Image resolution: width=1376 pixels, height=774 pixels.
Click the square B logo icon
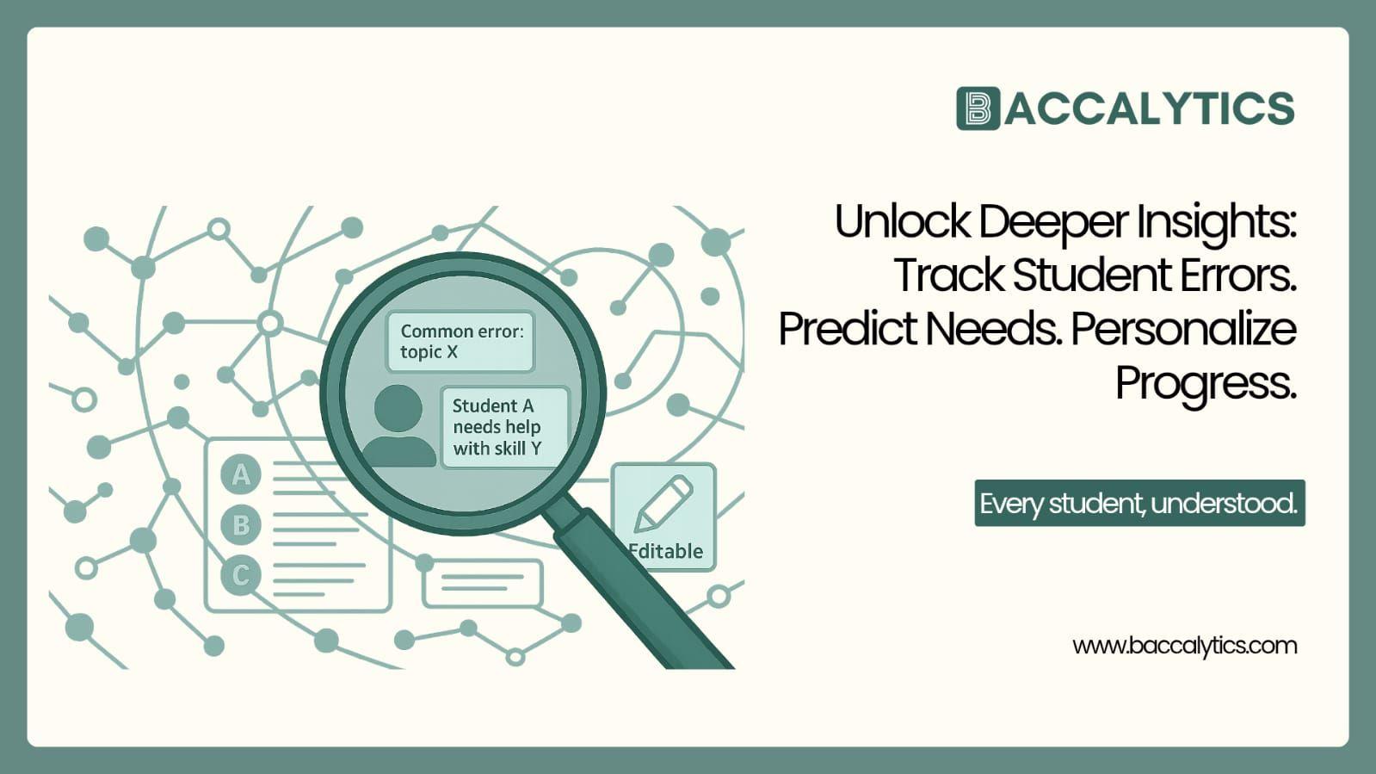[x=978, y=108]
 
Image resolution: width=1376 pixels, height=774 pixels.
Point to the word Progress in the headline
[x=1205, y=384]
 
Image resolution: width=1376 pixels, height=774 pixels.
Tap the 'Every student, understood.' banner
[x=1138, y=504]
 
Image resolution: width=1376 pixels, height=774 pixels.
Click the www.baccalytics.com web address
[x=1184, y=646]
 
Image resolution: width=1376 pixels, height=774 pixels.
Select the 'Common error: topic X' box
[x=460, y=342]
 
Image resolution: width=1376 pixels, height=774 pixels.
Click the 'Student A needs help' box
[x=504, y=427]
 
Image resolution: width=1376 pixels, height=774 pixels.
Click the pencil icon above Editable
[x=663, y=504]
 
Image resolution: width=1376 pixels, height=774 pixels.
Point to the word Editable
[x=666, y=551]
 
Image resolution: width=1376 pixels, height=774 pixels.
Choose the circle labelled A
[x=241, y=474]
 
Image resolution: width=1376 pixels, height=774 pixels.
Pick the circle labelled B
[x=241, y=524]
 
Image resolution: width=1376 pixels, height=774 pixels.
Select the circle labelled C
[x=241, y=574]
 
